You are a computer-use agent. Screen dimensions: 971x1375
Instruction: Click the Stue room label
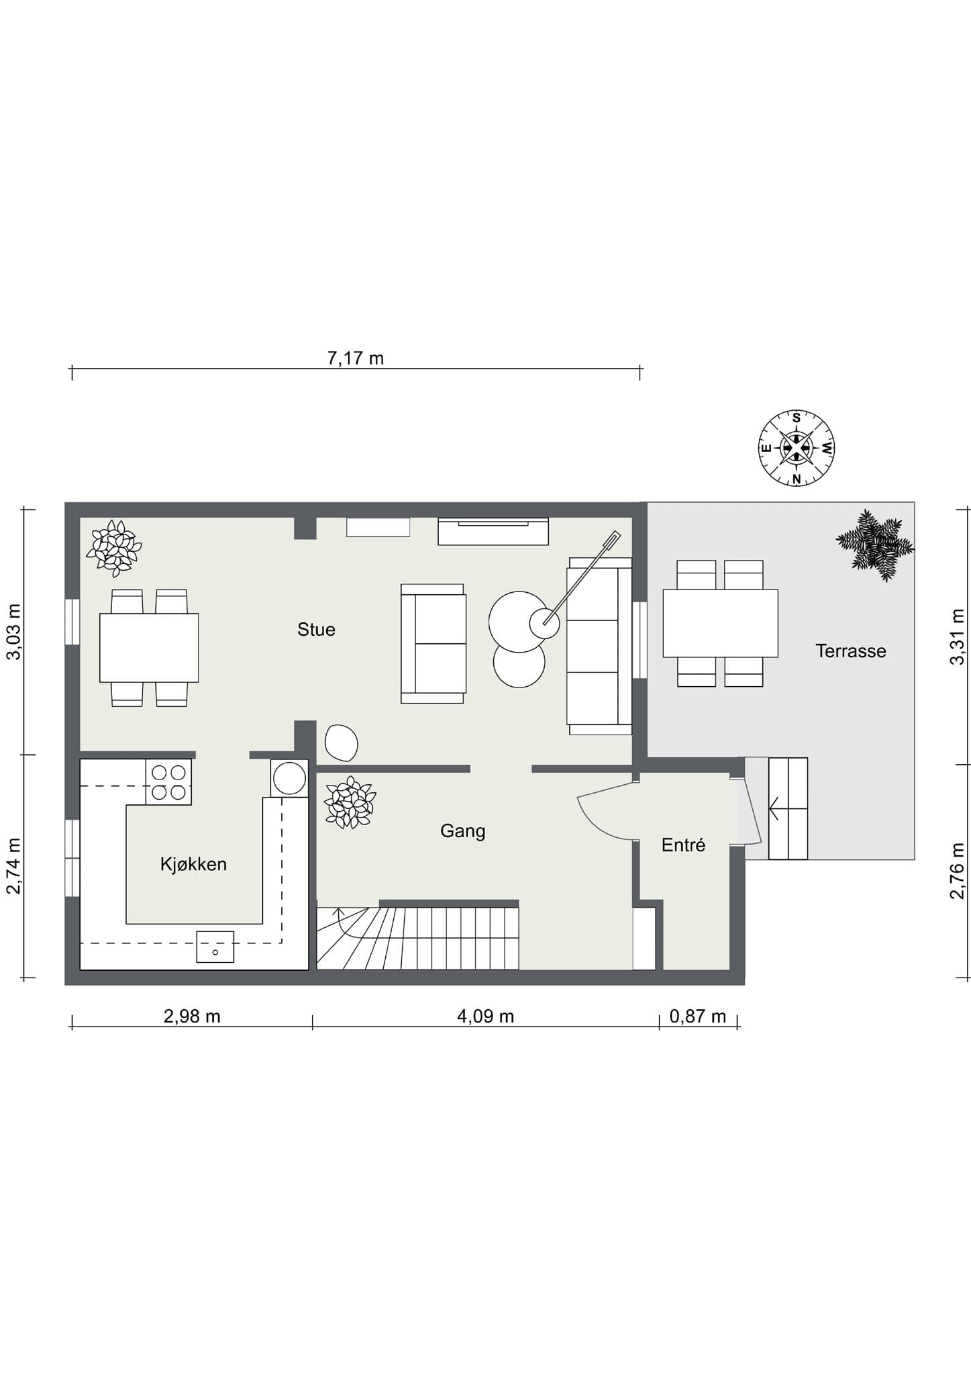pyautogui.click(x=316, y=629)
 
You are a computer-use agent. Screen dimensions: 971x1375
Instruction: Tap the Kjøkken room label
pyautogui.click(x=193, y=864)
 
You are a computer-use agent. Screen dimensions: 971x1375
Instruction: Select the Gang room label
pyautogui.click(x=462, y=831)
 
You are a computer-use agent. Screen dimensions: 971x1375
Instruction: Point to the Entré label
pyautogui.click(x=683, y=845)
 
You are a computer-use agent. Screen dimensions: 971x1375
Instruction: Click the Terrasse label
pyautogui.click(x=851, y=651)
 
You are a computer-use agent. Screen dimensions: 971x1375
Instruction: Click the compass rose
pyautogui.click(x=797, y=448)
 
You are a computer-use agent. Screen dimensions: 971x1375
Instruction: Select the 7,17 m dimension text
pyautogui.click(x=356, y=359)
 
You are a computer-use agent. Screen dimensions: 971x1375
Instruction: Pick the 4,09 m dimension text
pyautogui.click(x=485, y=1016)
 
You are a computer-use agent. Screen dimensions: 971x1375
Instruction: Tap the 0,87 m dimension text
pyautogui.click(x=698, y=1016)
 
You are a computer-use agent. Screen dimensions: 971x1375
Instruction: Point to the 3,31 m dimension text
pyautogui.click(x=957, y=637)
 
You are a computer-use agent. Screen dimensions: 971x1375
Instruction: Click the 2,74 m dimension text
pyautogui.click(x=14, y=866)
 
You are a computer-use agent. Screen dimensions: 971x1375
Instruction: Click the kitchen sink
pyautogui.click(x=215, y=947)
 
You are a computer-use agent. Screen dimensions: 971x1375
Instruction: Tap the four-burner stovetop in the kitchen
pyautogui.click(x=168, y=782)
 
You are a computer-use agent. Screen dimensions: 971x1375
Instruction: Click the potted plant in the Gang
pyautogui.click(x=349, y=802)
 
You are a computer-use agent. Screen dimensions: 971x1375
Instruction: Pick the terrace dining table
pyautogui.click(x=720, y=623)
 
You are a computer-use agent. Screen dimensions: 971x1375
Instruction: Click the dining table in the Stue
pyautogui.click(x=149, y=648)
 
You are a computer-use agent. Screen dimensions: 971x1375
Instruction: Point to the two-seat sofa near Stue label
pyautogui.click(x=433, y=643)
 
